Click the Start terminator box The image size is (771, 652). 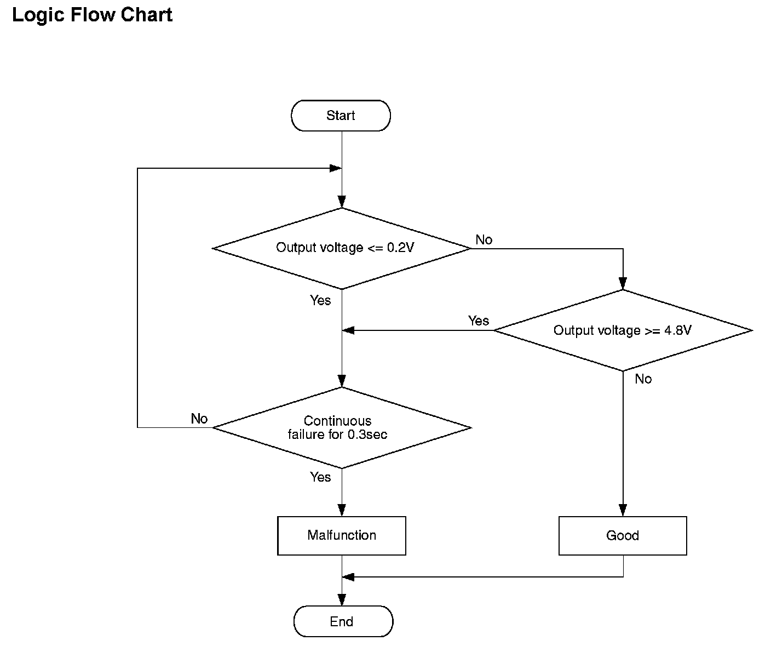pos(341,115)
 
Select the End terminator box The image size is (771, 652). pos(343,621)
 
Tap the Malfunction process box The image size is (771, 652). pos(342,535)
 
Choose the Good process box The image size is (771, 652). pos(623,535)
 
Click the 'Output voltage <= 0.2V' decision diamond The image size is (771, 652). pos(342,248)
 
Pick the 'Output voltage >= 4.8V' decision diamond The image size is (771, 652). pos(623,330)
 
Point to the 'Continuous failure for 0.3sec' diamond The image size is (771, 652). pos(342,428)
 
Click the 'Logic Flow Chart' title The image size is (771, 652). pos(92,15)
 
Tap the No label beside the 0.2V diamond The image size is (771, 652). pos(484,239)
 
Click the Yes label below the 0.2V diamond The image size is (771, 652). pos(320,300)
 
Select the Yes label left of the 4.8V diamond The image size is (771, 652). pos(479,321)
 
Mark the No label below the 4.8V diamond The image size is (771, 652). pos(643,379)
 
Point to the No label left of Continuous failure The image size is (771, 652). pos(199,419)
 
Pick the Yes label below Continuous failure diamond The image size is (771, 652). pos(320,477)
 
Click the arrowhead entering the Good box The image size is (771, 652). pos(623,510)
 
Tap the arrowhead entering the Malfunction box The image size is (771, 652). pos(342,510)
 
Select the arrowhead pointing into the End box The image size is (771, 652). pos(342,600)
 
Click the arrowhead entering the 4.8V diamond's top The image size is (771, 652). pos(623,284)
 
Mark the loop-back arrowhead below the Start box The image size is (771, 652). pos(336,168)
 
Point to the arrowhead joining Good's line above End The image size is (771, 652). pos(348,577)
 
